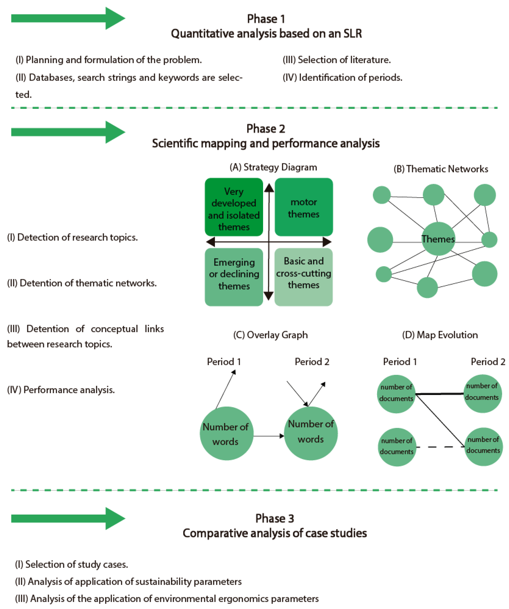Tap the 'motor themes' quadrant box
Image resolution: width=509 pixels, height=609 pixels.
(303, 207)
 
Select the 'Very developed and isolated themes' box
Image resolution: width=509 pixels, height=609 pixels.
(234, 207)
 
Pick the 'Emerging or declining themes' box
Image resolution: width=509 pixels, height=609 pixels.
(234, 277)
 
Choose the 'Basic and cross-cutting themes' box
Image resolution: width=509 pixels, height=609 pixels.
(303, 277)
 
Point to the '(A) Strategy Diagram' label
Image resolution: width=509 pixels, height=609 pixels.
(273, 167)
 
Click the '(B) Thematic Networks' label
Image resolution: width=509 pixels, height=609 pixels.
(441, 169)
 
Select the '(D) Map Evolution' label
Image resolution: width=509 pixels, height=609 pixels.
(440, 335)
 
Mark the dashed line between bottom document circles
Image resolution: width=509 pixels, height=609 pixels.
(440, 447)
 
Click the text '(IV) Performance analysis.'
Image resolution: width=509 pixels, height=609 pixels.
(61, 390)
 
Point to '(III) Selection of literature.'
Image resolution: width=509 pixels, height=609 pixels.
(337, 60)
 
